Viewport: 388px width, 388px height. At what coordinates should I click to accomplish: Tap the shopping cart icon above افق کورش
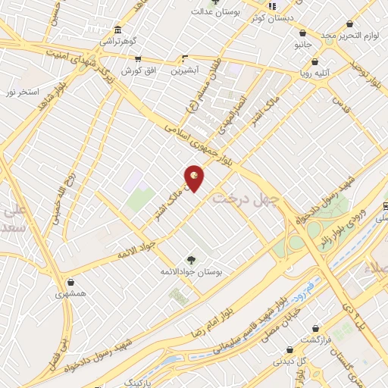click(x=137, y=58)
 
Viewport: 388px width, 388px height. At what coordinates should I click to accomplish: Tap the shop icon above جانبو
click(x=303, y=33)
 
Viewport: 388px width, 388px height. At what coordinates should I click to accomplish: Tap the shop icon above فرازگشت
click(x=291, y=350)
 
